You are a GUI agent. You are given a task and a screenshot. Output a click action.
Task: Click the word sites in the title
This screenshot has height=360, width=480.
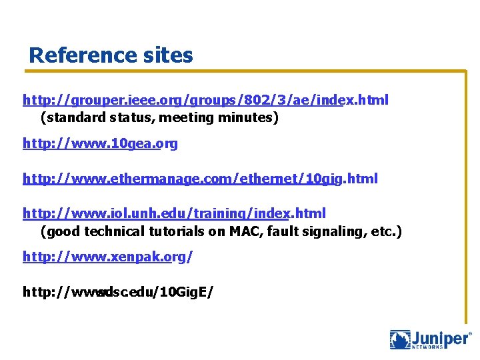coord(169,55)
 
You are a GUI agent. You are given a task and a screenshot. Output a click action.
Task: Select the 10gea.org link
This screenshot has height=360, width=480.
coord(100,143)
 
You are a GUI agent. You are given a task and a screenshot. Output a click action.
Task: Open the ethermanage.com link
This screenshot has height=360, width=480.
coord(200,179)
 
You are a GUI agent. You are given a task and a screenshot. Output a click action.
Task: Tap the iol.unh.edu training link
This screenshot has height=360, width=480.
coord(174,214)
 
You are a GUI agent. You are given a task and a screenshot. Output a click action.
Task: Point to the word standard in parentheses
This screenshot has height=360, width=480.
coord(71,118)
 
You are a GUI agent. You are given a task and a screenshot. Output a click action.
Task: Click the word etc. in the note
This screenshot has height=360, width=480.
coord(386,232)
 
